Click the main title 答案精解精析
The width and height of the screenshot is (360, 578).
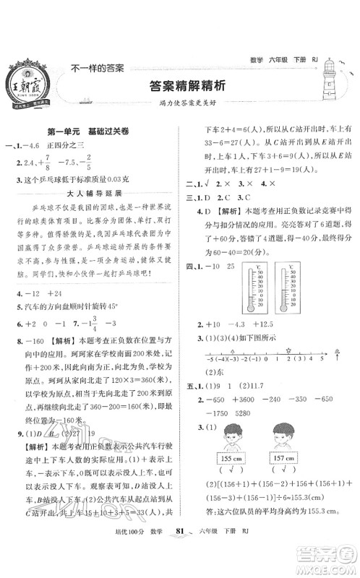pyautogui.click(x=179, y=85)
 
